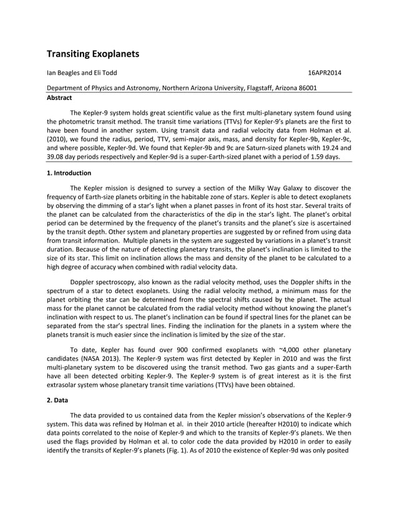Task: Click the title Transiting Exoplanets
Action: pyautogui.click(x=93, y=54)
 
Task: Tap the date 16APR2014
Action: pyautogui.click(x=324, y=73)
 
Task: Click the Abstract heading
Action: pyautogui.click(x=60, y=97)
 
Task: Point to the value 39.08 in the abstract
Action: pyautogui.click(x=57, y=157)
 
